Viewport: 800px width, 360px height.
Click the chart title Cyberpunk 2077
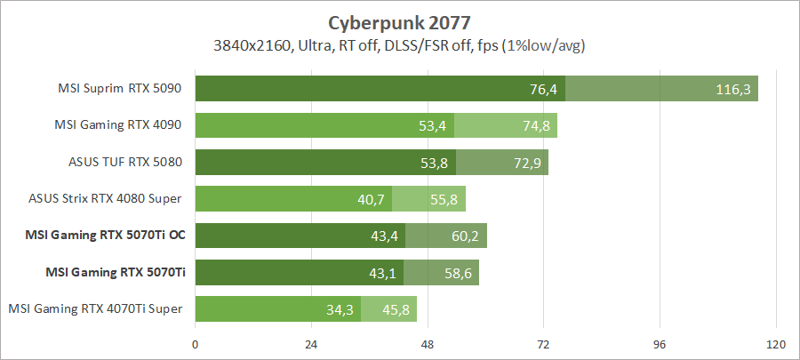[x=400, y=20]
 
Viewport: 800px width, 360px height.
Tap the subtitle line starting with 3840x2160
[x=400, y=44]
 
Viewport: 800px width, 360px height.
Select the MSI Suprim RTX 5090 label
[x=120, y=88]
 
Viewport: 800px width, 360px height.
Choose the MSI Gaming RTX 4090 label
[x=120, y=125]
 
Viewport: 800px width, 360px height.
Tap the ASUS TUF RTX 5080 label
[x=125, y=163]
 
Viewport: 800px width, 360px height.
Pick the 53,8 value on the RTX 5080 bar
[x=433, y=163]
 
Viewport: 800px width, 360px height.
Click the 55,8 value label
[x=444, y=200]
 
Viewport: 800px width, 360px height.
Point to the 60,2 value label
[x=465, y=236]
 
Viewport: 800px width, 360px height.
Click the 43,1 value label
[x=382, y=273]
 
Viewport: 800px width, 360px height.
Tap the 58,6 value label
[x=457, y=273]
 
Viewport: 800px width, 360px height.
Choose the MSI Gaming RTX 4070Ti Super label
[x=96, y=308]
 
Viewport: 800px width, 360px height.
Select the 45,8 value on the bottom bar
[x=395, y=310]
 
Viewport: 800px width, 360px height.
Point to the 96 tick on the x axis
[x=660, y=344]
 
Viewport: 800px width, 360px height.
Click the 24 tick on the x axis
[x=311, y=344]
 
